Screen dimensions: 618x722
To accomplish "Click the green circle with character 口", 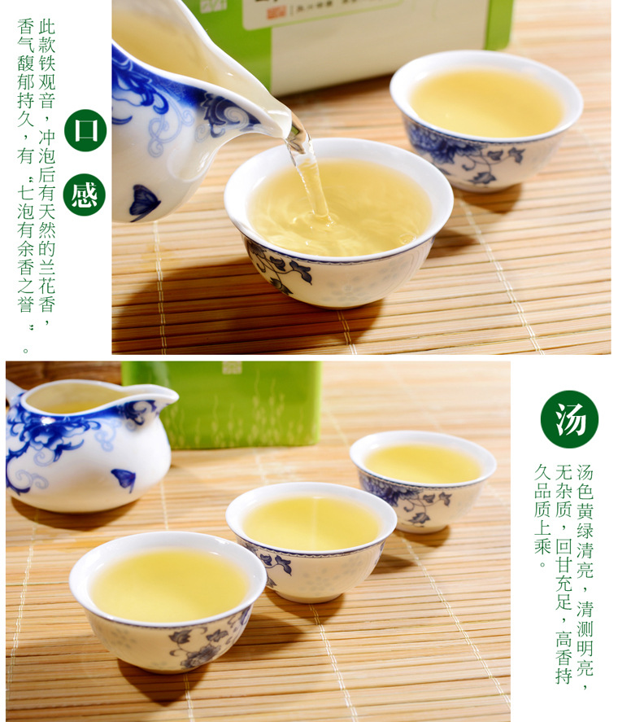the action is [85, 130].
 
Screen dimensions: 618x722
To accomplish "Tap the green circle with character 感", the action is [85, 195].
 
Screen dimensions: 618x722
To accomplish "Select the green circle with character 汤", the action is [569, 419].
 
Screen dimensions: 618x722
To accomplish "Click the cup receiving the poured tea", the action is [338, 222].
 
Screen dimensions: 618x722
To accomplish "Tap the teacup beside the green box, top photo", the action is [486, 120].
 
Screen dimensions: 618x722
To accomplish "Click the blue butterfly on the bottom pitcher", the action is [124, 479].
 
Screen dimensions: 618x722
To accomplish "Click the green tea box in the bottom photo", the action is [222, 405].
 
